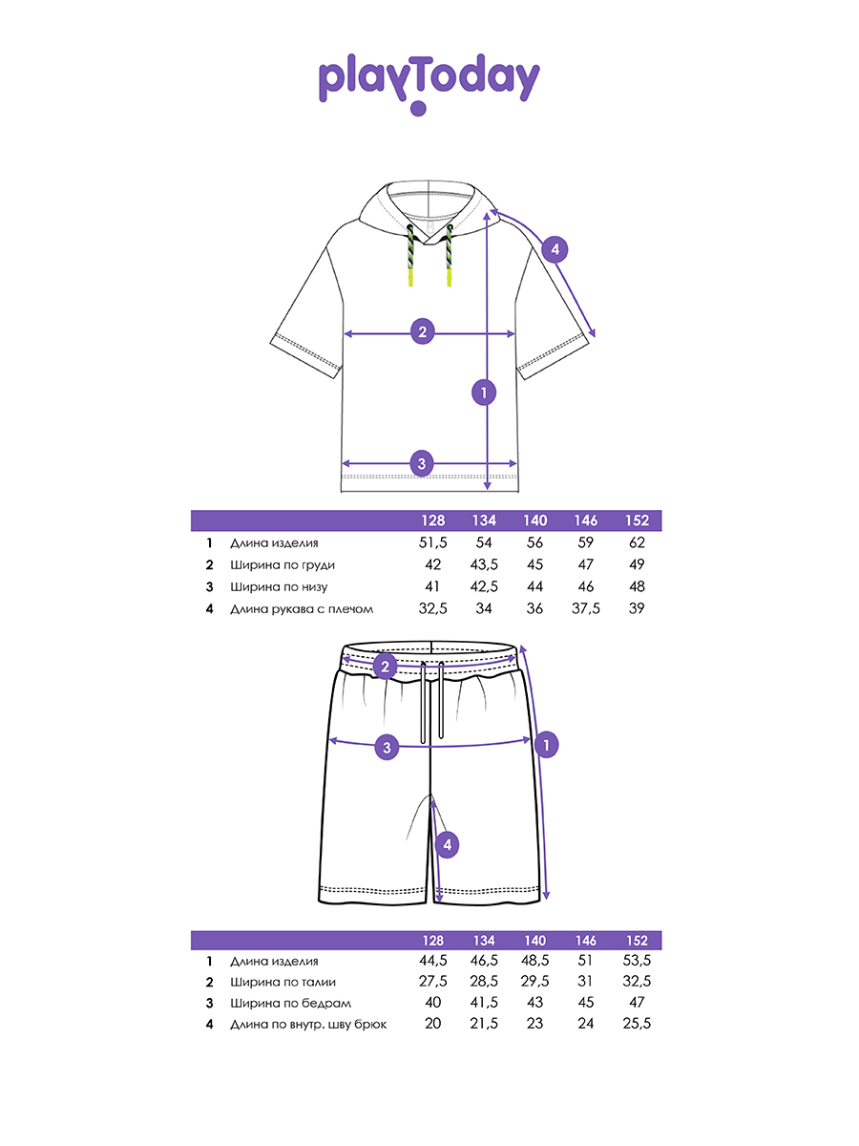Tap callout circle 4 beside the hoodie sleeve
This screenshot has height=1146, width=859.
click(555, 250)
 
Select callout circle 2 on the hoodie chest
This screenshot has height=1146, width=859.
click(423, 332)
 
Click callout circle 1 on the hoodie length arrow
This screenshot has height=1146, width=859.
click(485, 392)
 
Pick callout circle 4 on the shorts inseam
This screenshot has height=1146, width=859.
click(446, 844)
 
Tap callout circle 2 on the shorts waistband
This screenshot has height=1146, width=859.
click(386, 666)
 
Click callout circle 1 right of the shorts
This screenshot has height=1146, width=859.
click(546, 744)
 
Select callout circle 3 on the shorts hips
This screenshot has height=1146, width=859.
click(387, 747)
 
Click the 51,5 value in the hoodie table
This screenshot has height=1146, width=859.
click(434, 543)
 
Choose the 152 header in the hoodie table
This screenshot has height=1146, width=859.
click(638, 521)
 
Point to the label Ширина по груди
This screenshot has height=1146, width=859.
click(283, 565)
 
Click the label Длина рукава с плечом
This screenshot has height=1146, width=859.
click(302, 608)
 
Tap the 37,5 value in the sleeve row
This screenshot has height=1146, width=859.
click(586, 608)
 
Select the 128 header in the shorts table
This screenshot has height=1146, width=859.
click(434, 941)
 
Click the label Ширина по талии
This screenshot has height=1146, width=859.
click(283, 982)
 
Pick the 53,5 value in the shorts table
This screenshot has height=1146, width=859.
click(638, 961)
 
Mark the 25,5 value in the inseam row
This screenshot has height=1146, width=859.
click(638, 1024)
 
